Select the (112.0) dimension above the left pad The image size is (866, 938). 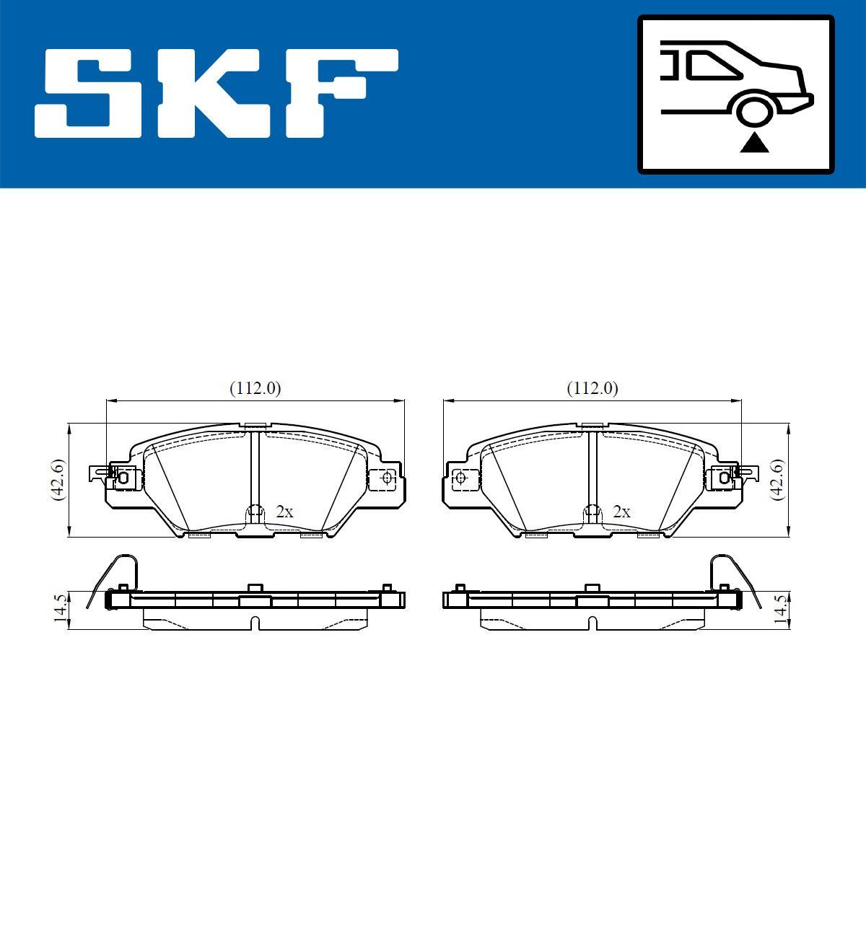[255, 388]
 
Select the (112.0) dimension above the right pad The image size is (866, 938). [592, 388]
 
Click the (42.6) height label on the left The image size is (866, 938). [57, 479]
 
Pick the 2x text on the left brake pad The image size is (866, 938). [285, 512]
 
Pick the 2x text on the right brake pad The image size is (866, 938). [621, 512]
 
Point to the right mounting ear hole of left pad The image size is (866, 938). [386, 477]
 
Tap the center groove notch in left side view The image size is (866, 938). [255, 623]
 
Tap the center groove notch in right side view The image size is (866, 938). [592, 623]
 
